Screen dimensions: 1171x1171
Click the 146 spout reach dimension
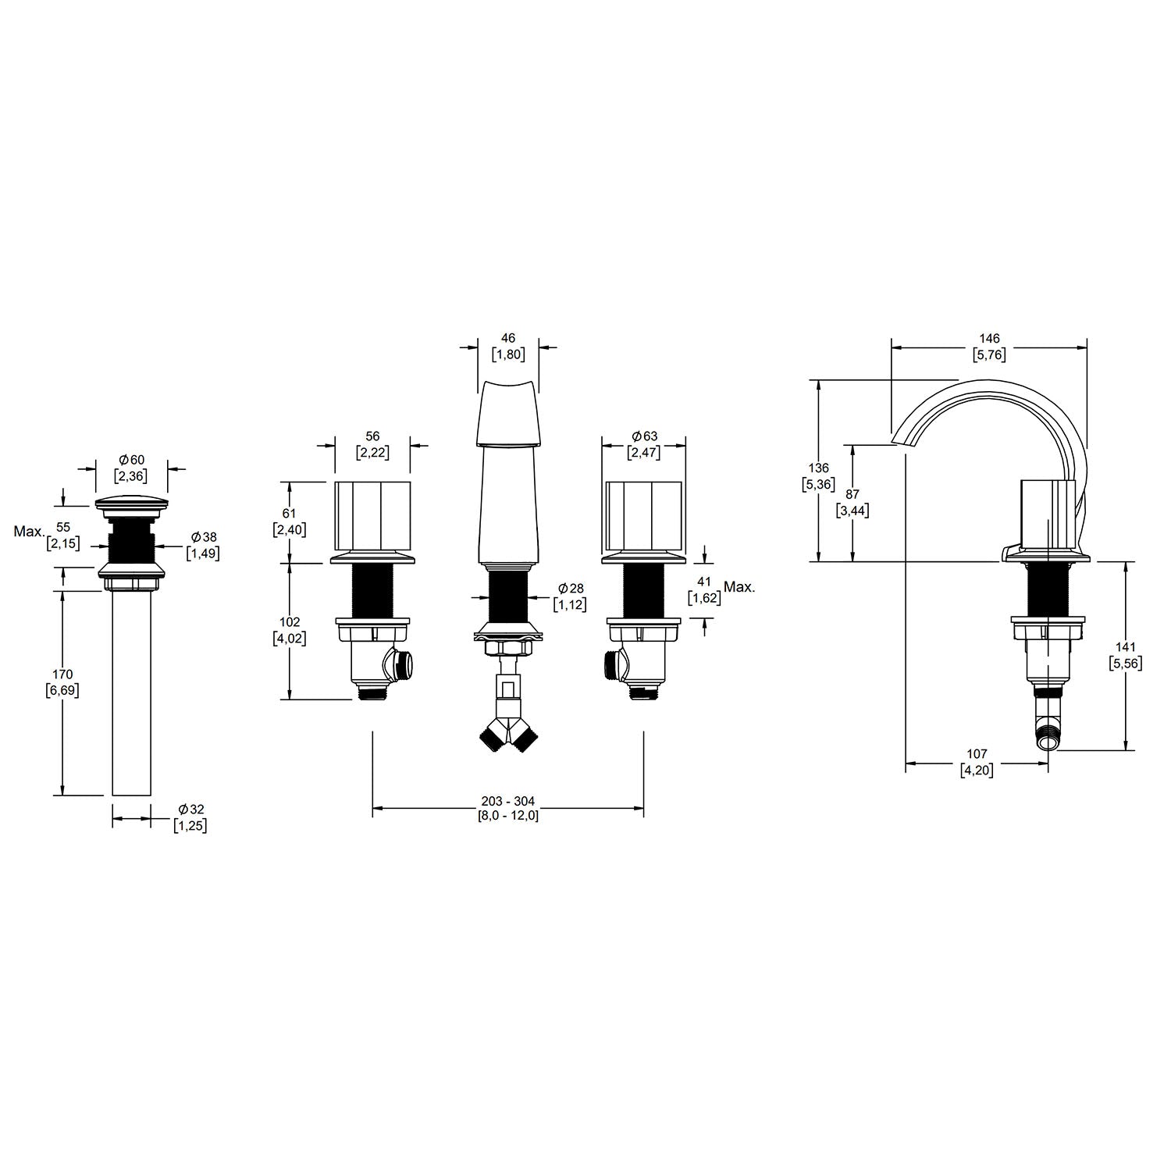[x=989, y=339]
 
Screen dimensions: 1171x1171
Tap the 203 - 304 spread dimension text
[x=508, y=802]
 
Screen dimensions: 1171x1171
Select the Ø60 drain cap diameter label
[x=131, y=461]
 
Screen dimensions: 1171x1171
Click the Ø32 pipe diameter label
[x=190, y=810]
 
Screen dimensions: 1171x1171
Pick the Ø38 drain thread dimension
[x=203, y=537]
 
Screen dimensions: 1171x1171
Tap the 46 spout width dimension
[x=508, y=338]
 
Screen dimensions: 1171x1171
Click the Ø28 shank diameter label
[x=571, y=588]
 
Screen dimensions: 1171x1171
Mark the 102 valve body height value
[x=290, y=622]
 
